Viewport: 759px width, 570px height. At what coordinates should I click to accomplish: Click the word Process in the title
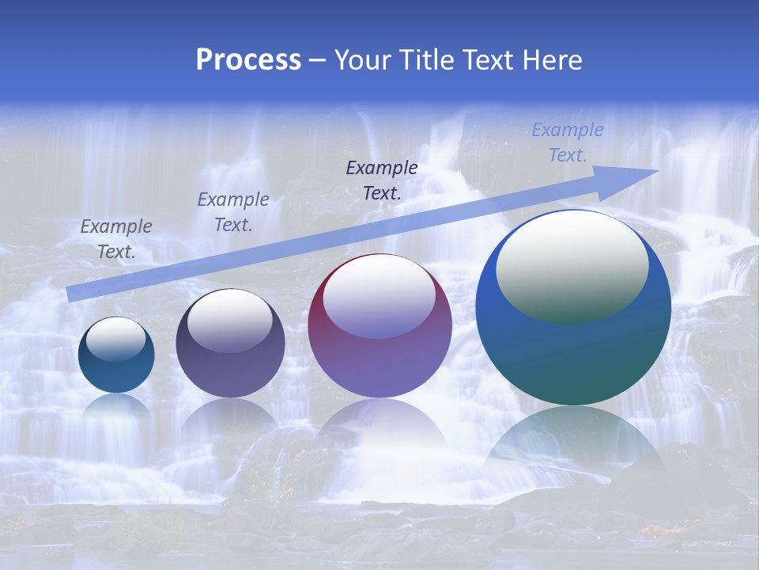[x=248, y=60]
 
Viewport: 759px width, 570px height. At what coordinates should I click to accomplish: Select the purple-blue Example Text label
[x=233, y=212]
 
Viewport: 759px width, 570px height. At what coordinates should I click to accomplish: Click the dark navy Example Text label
[x=382, y=180]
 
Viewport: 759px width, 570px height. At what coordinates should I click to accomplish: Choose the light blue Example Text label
[x=568, y=142]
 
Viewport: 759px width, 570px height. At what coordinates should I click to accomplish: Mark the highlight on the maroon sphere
[x=379, y=297]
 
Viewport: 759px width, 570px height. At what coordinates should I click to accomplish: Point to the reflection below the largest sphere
[x=573, y=443]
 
